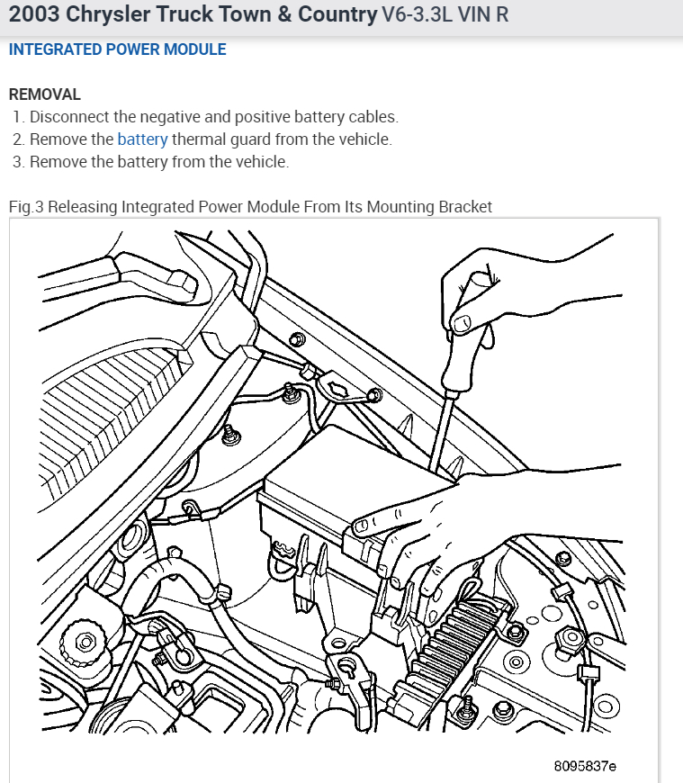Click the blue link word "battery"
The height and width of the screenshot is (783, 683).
[142, 139]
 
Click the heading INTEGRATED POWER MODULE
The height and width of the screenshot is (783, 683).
[117, 49]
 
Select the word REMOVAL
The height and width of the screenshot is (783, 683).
[44, 94]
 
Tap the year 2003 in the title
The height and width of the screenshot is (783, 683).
[33, 14]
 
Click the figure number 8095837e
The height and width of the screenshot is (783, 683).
[585, 766]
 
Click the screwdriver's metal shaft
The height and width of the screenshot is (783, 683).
[441, 423]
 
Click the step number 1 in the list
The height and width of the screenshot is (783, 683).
[18, 117]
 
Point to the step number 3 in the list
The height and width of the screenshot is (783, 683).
[18, 162]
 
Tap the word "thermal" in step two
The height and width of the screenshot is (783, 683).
[199, 139]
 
